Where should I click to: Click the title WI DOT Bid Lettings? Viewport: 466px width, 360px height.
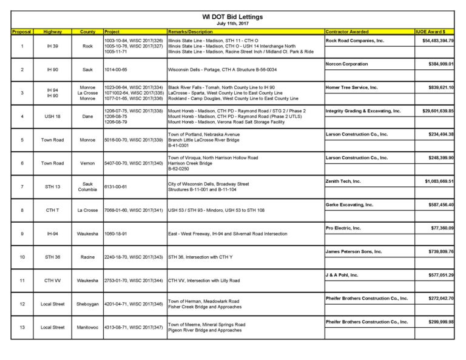click(x=232, y=17)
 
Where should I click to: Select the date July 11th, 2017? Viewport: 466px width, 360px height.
click(x=232, y=23)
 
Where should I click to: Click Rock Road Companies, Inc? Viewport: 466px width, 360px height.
click(x=355, y=40)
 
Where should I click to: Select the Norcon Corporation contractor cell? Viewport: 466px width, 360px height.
click(x=346, y=64)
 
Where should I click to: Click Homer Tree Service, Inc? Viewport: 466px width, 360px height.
click(x=352, y=87)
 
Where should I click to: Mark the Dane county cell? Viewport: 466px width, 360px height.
click(x=87, y=116)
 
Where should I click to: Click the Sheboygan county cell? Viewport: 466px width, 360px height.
click(x=87, y=304)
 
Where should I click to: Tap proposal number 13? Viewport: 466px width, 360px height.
click(x=22, y=327)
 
